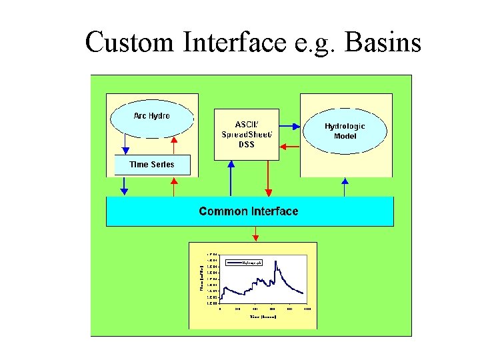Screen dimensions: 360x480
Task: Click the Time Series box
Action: click(x=152, y=165)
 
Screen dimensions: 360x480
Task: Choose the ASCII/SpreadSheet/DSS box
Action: click(x=246, y=135)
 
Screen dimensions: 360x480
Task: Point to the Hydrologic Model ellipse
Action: click(x=345, y=131)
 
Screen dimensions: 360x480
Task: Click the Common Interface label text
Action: click(x=249, y=211)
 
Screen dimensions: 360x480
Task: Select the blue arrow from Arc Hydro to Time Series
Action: click(x=124, y=143)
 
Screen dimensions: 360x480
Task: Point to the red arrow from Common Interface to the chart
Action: click(x=255, y=233)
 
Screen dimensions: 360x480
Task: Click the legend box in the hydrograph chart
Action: click(x=244, y=263)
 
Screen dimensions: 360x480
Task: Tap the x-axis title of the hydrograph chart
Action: click(x=263, y=317)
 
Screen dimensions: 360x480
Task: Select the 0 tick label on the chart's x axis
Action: click(x=221, y=309)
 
